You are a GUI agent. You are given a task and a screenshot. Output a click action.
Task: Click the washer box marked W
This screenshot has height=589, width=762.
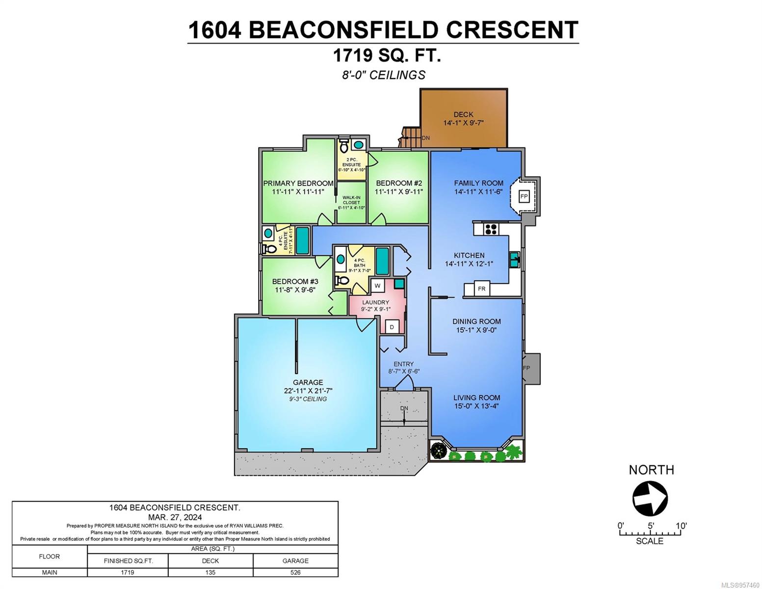pos(377,286)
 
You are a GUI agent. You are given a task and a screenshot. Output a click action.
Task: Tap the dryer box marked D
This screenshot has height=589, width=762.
pos(392,327)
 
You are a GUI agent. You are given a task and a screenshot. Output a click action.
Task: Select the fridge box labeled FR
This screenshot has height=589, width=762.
pos(482,288)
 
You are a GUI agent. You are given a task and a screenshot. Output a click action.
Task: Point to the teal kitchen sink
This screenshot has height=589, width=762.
pos(514,260)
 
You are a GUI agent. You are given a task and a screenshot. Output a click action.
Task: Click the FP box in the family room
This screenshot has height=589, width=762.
pos(524,196)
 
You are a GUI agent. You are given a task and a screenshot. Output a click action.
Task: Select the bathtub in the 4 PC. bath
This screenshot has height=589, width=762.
pos(382,261)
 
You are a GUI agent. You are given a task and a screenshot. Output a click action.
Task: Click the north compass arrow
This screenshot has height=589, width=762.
pos(650,499)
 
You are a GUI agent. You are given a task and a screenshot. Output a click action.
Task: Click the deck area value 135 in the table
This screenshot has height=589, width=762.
pos(210,572)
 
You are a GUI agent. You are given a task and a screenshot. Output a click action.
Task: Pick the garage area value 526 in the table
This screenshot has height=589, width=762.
pos(295,572)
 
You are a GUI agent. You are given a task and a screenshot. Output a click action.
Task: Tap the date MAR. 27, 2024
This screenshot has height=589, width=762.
pos(175,517)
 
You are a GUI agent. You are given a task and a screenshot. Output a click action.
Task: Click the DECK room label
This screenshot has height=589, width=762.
pos(463,114)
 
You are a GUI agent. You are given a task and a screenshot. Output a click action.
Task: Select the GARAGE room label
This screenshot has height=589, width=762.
pos(308,382)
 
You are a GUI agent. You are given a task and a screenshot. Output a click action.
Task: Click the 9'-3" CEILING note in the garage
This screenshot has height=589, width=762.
pos(308,399)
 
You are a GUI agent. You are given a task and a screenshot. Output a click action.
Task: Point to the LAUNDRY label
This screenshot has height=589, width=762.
pos(375,302)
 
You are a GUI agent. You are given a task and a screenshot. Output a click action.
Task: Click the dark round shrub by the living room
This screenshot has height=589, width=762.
pos(438,451)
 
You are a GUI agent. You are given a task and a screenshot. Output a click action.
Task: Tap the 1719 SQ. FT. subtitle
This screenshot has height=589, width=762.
pos(387,55)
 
